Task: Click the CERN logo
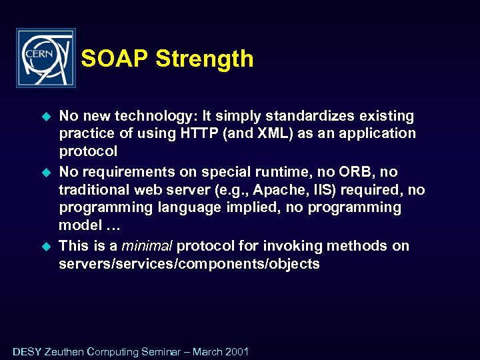tap(45, 58)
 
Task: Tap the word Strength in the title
tap(205, 59)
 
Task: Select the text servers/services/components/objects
tap(189, 263)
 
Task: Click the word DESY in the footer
tap(27, 351)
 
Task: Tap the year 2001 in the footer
tap(236, 351)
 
